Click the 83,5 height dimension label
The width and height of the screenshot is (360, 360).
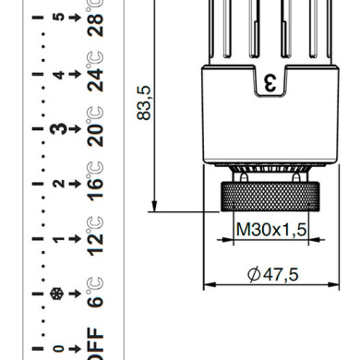[x=144, y=102]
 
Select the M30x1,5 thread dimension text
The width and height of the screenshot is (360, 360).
[x=271, y=229]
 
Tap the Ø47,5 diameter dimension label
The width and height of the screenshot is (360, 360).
[x=272, y=274]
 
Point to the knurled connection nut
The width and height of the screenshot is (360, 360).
[x=270, y=197]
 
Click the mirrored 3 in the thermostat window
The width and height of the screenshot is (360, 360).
[x=270, y=83]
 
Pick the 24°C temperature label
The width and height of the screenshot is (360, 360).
[x=95, y=72]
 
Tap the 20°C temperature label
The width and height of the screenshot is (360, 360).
[x=95, y=126]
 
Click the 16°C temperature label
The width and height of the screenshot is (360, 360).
[x=95, y=181]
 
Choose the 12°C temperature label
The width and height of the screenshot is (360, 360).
[x=95, y=236]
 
